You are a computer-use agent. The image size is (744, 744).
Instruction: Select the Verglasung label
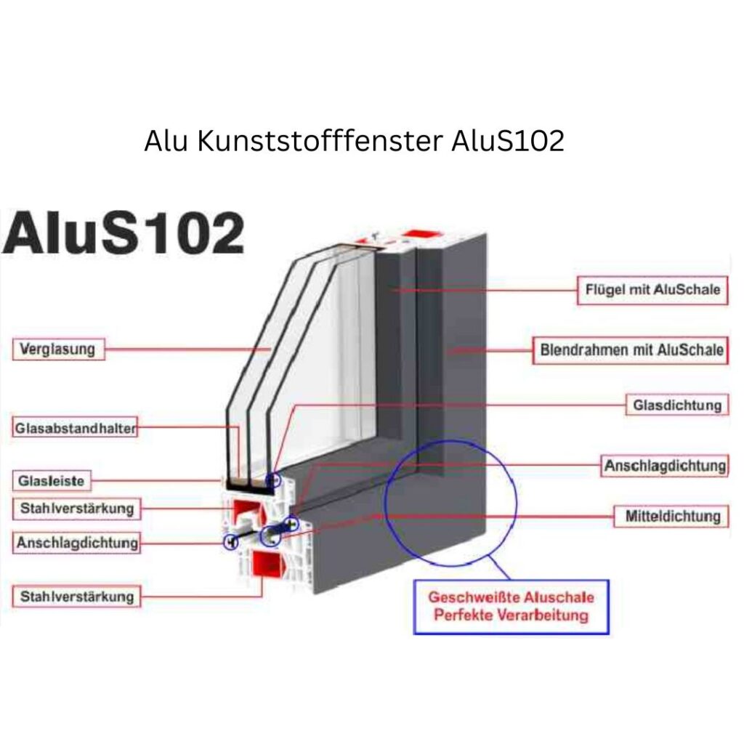[x=58, y=349]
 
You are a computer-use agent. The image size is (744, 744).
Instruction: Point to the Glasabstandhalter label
[x=75, y=428]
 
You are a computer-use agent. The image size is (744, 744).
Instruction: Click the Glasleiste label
[x=52, y=480]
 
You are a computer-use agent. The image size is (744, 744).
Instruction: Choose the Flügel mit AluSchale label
[x=652, y=289]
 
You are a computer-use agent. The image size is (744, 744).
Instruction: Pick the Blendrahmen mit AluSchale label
[x=631, y=349]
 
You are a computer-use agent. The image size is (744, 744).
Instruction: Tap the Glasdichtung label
[x=677, y=405]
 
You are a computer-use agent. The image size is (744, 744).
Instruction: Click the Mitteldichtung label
[x=673, y=516]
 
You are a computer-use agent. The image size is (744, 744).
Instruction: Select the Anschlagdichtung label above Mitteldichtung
[x=665, y=465]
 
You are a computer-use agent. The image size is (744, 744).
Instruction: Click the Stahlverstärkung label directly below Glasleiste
[x=76, y=508]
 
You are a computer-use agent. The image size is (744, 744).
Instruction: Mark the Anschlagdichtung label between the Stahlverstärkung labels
[x=77, y=542]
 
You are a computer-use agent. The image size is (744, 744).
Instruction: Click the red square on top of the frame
[x=421, y=235]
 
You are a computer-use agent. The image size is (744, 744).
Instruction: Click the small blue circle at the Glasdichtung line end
[x=274, y=479]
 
